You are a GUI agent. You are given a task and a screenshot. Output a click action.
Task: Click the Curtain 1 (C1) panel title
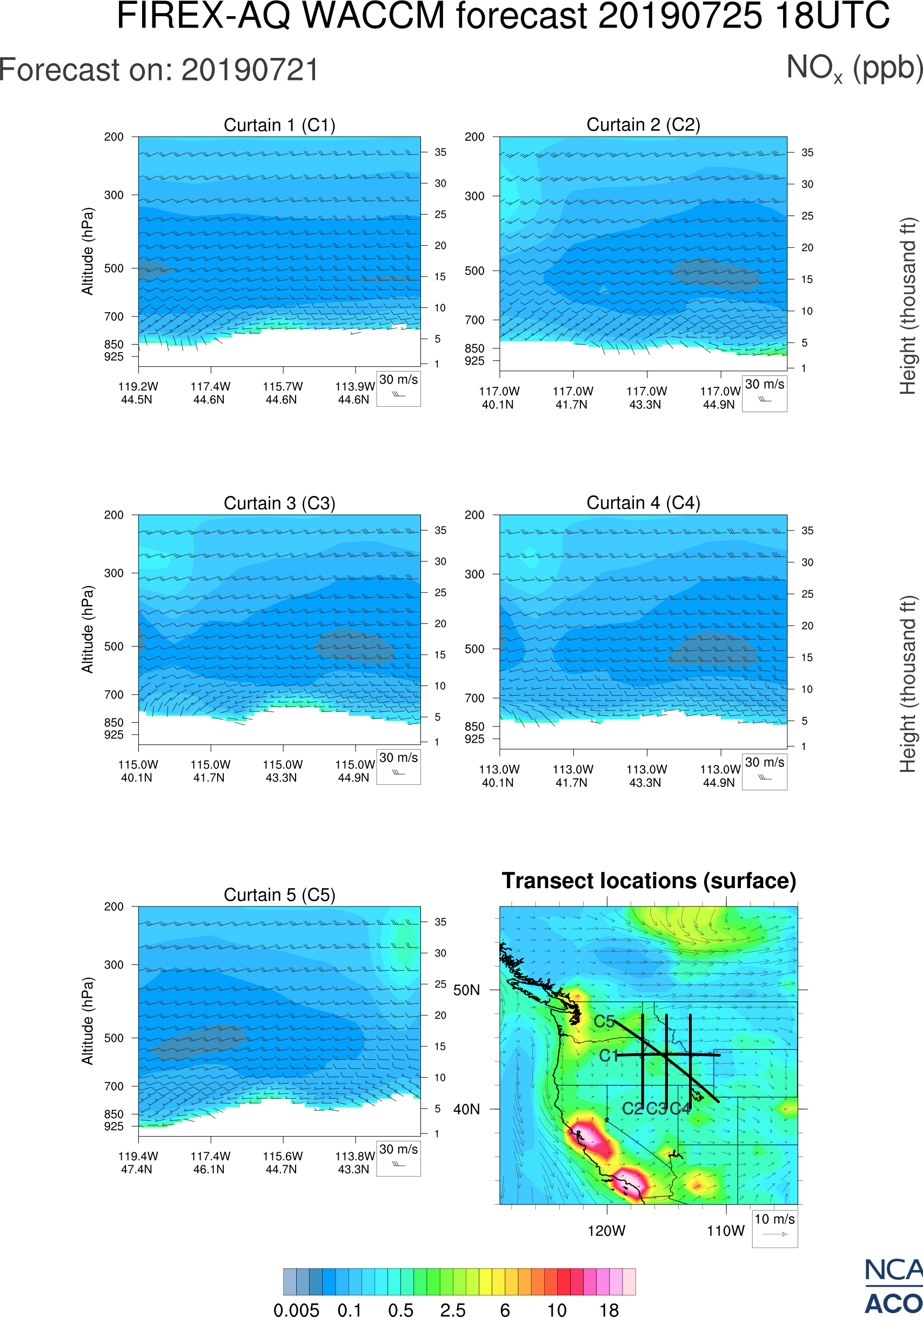pos(279,125)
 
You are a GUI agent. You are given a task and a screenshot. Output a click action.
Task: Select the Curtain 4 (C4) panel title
pos(643,503)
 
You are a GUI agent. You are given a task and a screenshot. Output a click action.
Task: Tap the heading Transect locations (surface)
pos(649,881)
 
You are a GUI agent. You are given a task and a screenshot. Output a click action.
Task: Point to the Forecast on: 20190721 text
pos(159,70)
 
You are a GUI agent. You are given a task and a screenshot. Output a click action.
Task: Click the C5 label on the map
pos(604,1022)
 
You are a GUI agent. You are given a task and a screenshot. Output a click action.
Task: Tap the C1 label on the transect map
pos(608,1056)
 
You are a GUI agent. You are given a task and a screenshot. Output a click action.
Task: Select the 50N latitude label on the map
pos(466,991)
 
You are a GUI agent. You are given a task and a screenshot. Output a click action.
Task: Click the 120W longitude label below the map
pos(606,1231)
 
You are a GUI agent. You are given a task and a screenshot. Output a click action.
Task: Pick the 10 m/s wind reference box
pos(774,1228)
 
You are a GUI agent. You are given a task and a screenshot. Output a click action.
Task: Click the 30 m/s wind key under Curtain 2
pos(764,393)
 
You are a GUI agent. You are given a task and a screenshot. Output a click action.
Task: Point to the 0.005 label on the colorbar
pos(296,1309)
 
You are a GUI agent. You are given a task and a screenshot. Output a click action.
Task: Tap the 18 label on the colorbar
pos(608,1309)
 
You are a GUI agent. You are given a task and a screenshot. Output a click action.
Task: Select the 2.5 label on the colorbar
pos(453,1309)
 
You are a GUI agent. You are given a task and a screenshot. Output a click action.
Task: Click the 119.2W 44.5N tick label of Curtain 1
pos(138,393)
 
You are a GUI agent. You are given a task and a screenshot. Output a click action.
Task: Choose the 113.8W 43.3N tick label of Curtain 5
pos(355,1163)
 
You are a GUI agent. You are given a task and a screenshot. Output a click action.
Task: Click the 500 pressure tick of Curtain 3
pos(113,647)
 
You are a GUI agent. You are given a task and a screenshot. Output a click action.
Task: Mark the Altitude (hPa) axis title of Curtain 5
pos(87,1021)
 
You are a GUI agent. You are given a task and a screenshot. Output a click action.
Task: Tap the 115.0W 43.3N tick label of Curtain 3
pos(282,771)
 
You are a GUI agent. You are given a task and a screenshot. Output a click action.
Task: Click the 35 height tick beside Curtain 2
pos(807,152)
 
